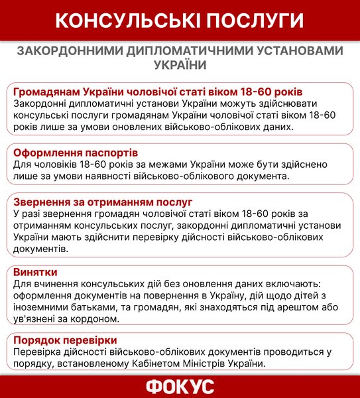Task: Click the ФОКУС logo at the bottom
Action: click(x=180, y=387)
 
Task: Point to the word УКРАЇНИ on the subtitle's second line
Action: click(x=180, y=65)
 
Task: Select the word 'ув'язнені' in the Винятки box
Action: click(x=36, y=319)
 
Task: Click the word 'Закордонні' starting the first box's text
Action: click(x=42, y=104)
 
